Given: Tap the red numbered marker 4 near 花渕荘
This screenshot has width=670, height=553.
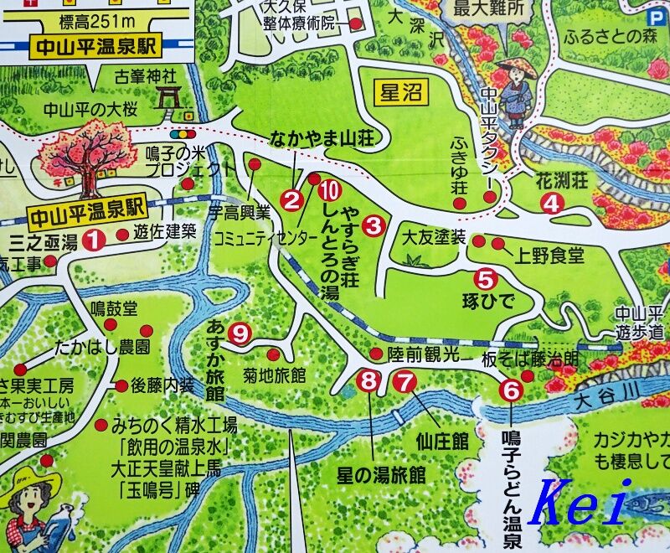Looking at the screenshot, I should coord(550,202).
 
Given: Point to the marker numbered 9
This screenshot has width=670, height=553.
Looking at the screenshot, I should coord(240,333).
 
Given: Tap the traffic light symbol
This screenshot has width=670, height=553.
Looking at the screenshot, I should coord(179,134).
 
